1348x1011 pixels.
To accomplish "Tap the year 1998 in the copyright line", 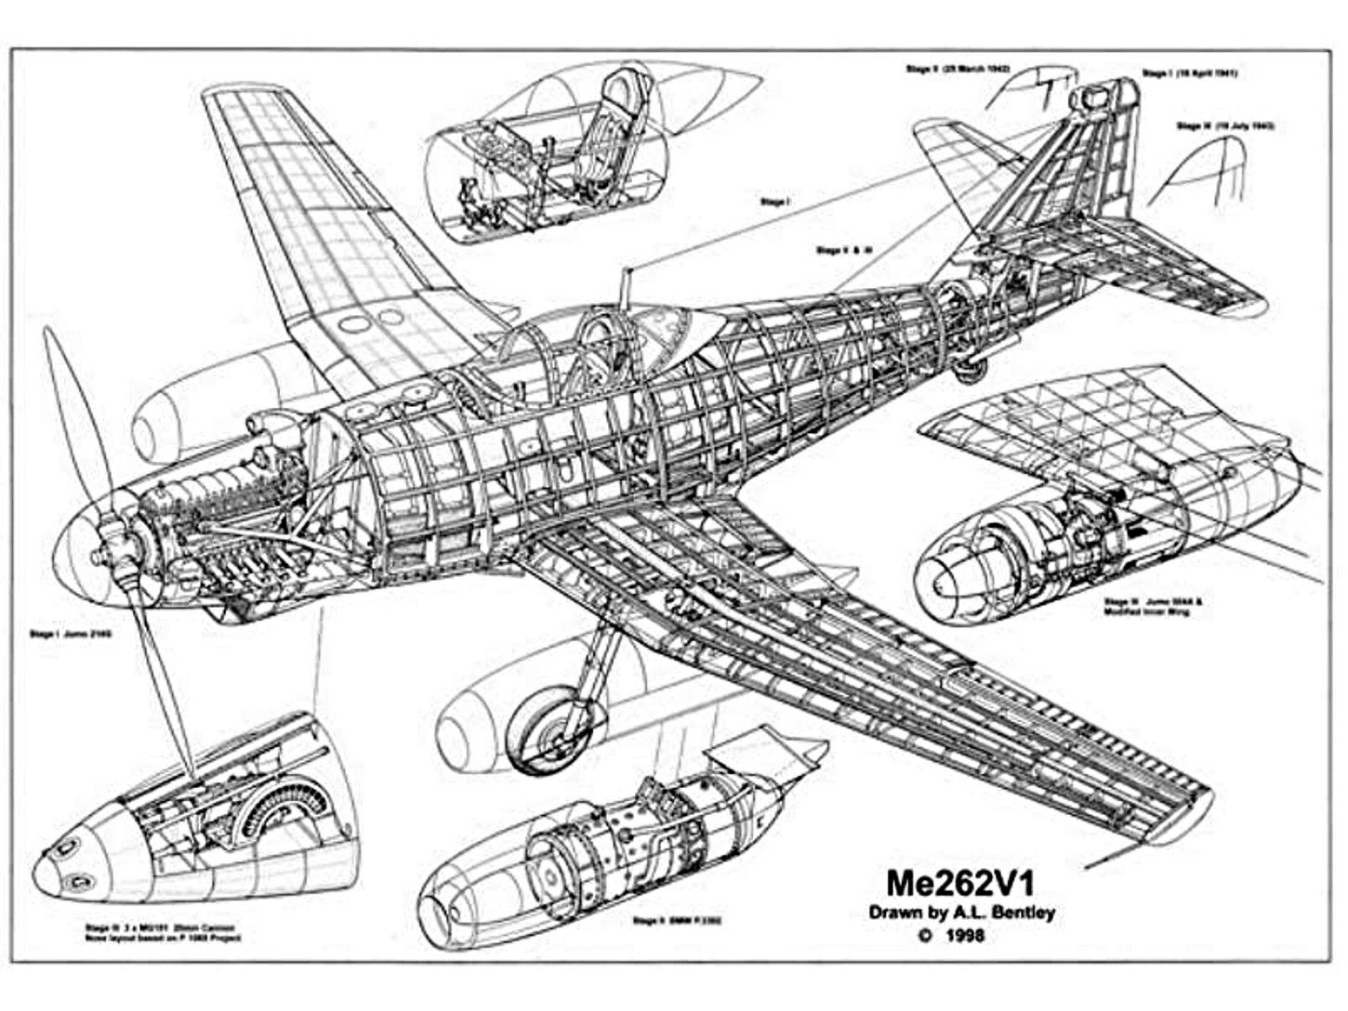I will [961, 935].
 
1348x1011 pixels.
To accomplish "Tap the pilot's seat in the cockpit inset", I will [604, 139].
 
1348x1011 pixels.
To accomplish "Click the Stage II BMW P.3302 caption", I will [677, 921].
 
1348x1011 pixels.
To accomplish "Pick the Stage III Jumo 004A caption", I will [1153, 606].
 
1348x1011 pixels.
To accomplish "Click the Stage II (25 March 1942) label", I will [957, 69].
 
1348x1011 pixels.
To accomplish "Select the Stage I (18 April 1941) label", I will [1189, 73].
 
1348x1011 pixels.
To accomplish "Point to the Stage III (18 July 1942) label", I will [1224, 125].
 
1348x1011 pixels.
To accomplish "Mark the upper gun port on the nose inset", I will [68, 846].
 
